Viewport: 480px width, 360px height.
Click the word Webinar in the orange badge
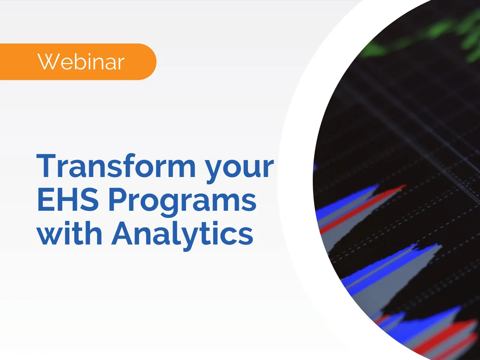pyautogui.click(x=81, y=62)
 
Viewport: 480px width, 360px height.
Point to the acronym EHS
pyautogui.click(x=68, y=199)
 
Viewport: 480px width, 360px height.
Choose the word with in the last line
pyautogui.click(x=69, y=233)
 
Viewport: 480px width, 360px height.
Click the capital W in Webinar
pyautogui.click(x=46, y=62)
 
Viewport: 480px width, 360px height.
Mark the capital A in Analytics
pyautogui.click(x=123, y=233)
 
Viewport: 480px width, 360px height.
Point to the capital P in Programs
pyautogui.click(x=117, y=199)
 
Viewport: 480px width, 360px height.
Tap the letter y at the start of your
pyautogui.click(x=215, y=169)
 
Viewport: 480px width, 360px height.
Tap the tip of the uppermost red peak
pyautogui.click(x=404, y=186)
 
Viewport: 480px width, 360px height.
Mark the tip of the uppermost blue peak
pyautogui.click(x=376, y=185)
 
